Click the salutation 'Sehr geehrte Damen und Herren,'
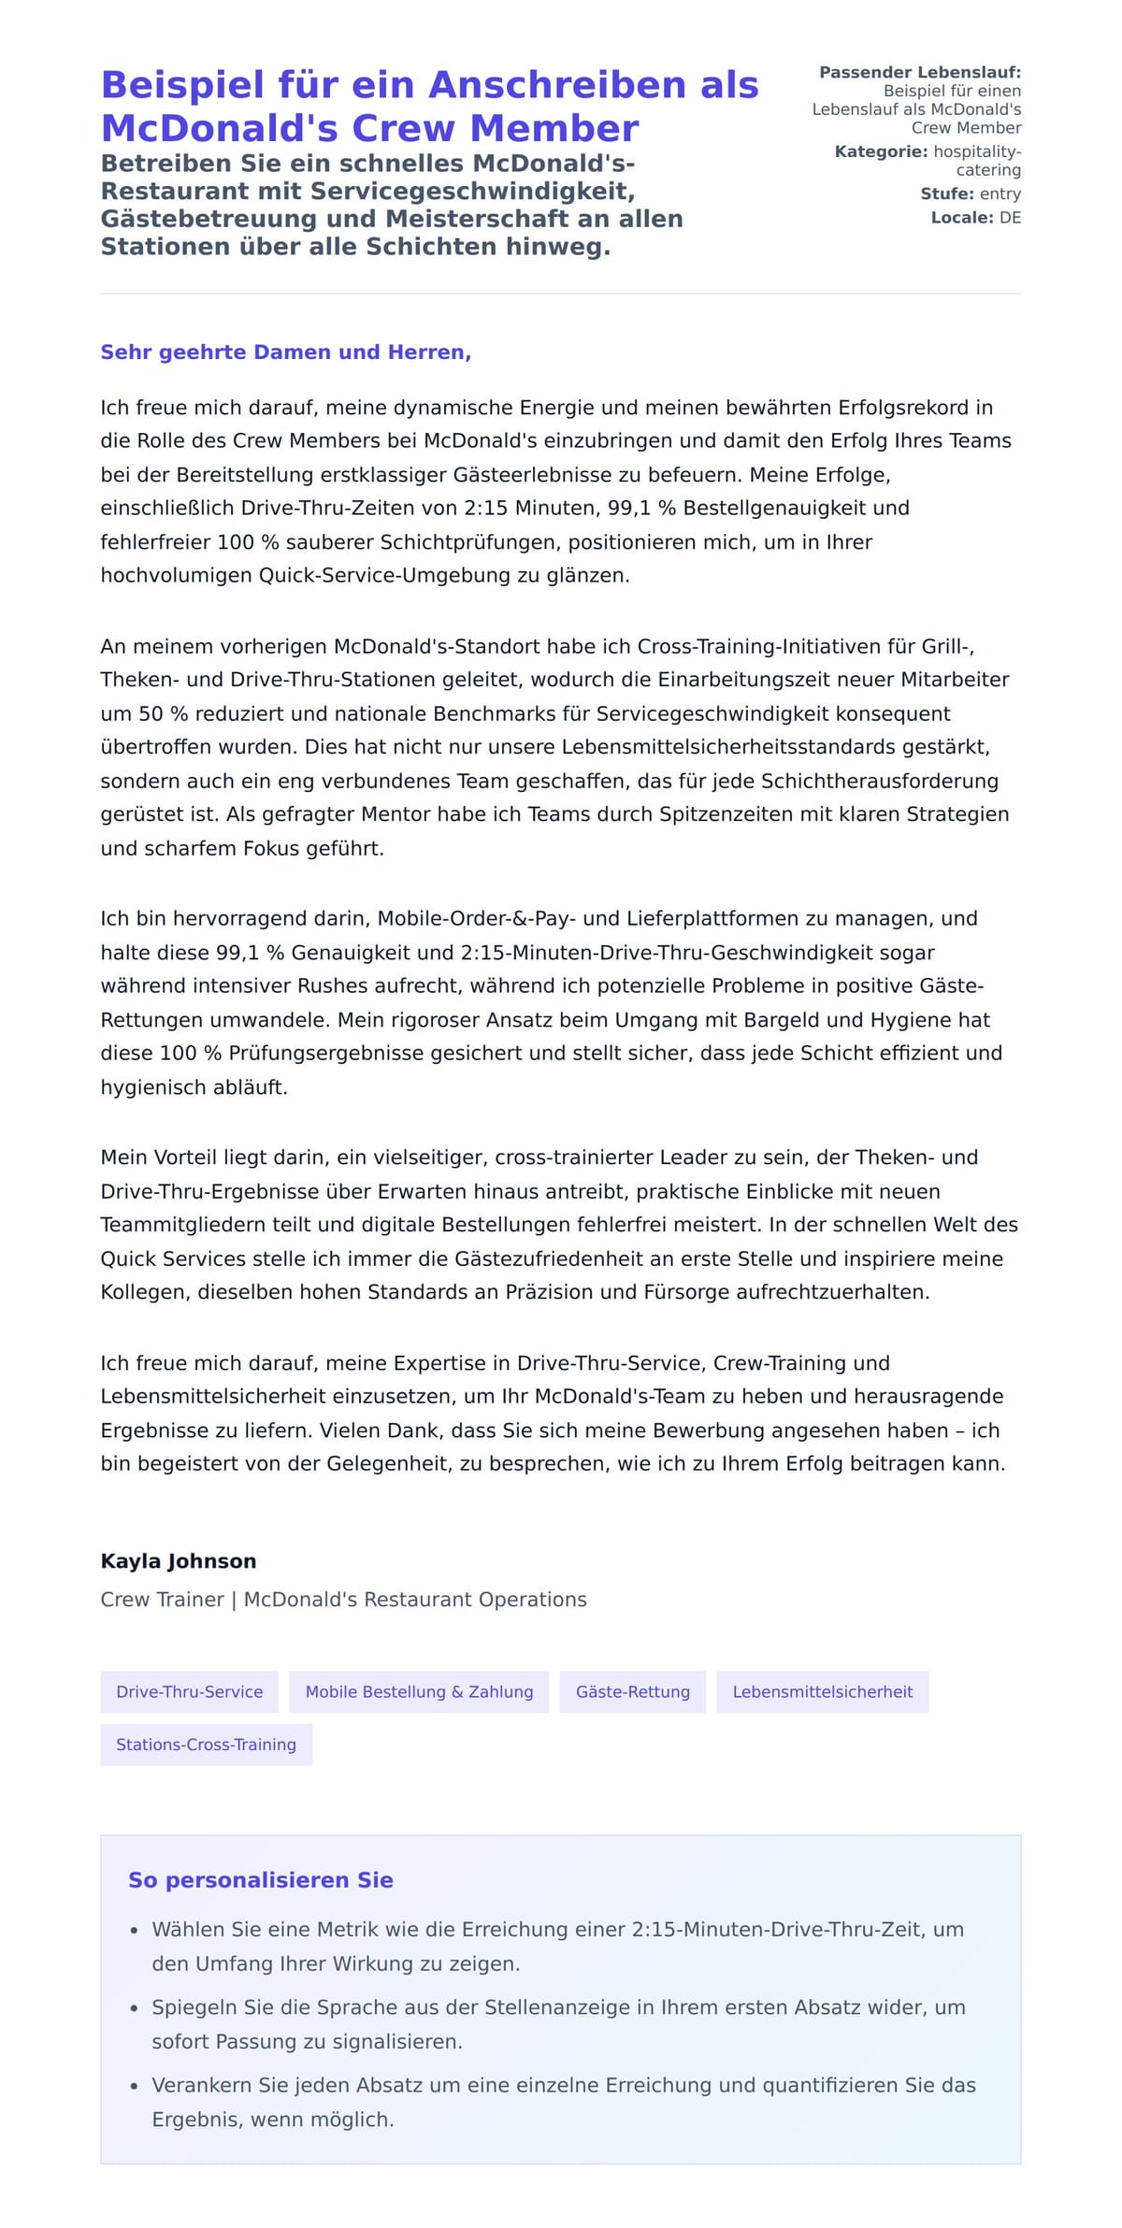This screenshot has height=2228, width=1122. point(285,352)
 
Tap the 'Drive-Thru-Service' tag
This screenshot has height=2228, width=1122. point(189,1691)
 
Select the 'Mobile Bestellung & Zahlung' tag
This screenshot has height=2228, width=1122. point(419,1691)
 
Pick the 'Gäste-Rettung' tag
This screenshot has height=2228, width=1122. point(633,1691)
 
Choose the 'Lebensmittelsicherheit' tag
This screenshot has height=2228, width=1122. point(822,1691)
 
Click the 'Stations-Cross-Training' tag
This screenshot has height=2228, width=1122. point(206,1744)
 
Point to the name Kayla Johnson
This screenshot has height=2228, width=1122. point(179,1560)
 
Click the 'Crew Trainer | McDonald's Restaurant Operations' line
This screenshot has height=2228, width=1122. point(343,1599)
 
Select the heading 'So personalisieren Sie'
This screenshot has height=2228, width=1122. point(261,1879)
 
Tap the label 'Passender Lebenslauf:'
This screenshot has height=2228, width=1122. point(920,72)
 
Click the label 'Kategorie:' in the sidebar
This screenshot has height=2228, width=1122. point(881,151)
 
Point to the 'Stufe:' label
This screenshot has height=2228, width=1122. point(947,194)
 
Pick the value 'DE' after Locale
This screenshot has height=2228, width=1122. point(1010,218)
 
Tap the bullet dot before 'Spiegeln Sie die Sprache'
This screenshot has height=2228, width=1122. point(135,2008)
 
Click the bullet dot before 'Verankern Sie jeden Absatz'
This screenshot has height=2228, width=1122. point(135,2086)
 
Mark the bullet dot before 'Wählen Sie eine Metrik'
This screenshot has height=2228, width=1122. point(135,1931)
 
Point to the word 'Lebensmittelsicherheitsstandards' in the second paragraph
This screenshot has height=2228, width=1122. point(775,747)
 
